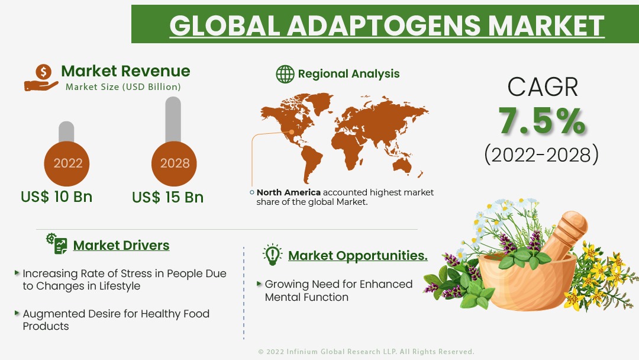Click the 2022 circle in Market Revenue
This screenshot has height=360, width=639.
(67, 163)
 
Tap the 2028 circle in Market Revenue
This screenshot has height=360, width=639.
(174, 163)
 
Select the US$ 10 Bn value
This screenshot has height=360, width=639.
(57, 197)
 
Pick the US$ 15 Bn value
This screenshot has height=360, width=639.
(167, 197)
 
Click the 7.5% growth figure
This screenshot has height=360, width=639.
(542, 120)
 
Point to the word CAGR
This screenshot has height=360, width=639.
(543, 87)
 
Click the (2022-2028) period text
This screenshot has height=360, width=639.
(541, 155)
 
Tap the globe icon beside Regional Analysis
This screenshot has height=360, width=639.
(285, 74)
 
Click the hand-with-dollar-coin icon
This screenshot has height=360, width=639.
(41, 78)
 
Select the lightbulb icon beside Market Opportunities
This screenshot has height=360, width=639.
(272, 255)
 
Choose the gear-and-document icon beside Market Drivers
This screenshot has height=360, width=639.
(57, 244)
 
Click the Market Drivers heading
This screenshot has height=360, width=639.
(121, 245)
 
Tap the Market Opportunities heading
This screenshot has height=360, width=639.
(358, 255)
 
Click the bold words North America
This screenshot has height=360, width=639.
(289, 192)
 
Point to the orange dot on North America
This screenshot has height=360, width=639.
(292, 131)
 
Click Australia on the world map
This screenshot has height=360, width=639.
(403, 165)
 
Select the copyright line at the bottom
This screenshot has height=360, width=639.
(366, 352)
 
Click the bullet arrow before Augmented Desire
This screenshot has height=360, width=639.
(17, 313)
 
